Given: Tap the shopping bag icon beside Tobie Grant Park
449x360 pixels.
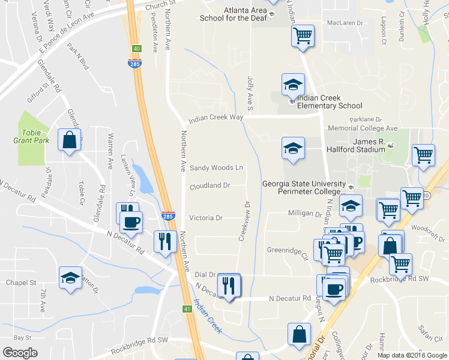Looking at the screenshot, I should tap(70, 140).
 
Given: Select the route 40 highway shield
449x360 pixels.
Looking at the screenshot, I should tap(137, 49).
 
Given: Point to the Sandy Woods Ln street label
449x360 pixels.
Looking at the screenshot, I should tap(217, 168).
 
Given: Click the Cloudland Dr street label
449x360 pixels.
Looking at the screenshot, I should tap(210, 186).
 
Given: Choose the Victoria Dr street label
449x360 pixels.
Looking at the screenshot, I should tap(206, 218).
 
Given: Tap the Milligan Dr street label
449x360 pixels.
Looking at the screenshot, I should tap(305, 214).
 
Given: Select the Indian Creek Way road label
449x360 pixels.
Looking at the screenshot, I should tap(215, 118).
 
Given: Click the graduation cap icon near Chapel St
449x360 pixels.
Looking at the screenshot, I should tap(71, 278).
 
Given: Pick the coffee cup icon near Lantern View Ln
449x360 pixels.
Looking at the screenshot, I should tap(131, 223).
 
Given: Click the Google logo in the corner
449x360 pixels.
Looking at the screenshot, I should tap(20, 353).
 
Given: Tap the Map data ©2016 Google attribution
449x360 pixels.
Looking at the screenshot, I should tap(412, 355).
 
